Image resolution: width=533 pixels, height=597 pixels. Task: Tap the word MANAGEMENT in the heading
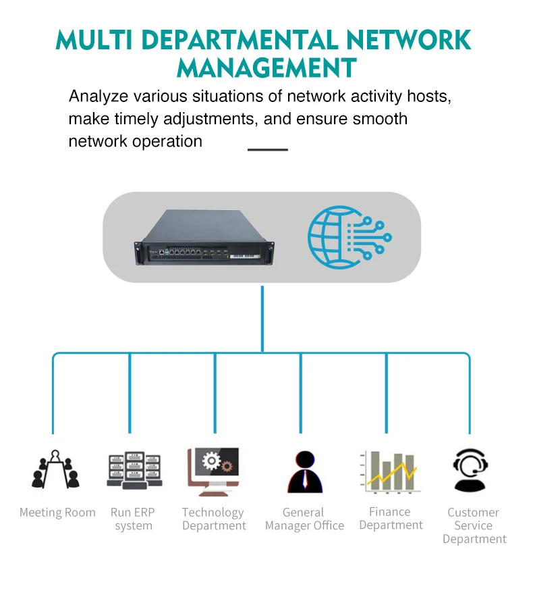click(266, 68)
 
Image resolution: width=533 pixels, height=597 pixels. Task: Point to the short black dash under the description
click(268, 149)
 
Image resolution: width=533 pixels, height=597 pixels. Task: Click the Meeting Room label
click(57, 513)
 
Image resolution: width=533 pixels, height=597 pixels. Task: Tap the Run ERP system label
click(133, 519)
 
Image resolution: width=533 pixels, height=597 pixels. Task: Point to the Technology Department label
click(213, 519)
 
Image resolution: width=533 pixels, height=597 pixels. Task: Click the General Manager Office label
click(304, 519)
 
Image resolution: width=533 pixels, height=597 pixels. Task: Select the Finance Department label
click(391, 519)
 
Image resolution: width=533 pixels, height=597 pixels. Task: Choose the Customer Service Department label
click(474, 525)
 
